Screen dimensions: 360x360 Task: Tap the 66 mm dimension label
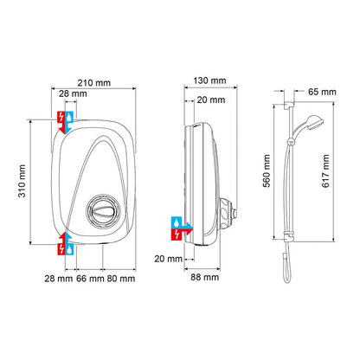pos(91,279)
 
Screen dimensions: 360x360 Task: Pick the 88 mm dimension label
pos(205,279)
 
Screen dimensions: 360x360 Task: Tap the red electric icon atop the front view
pos(60,118)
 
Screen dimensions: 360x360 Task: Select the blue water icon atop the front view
pos(71,118)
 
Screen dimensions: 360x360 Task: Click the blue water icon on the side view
pos(177,231)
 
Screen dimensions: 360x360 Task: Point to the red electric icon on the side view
pos(190,231)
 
